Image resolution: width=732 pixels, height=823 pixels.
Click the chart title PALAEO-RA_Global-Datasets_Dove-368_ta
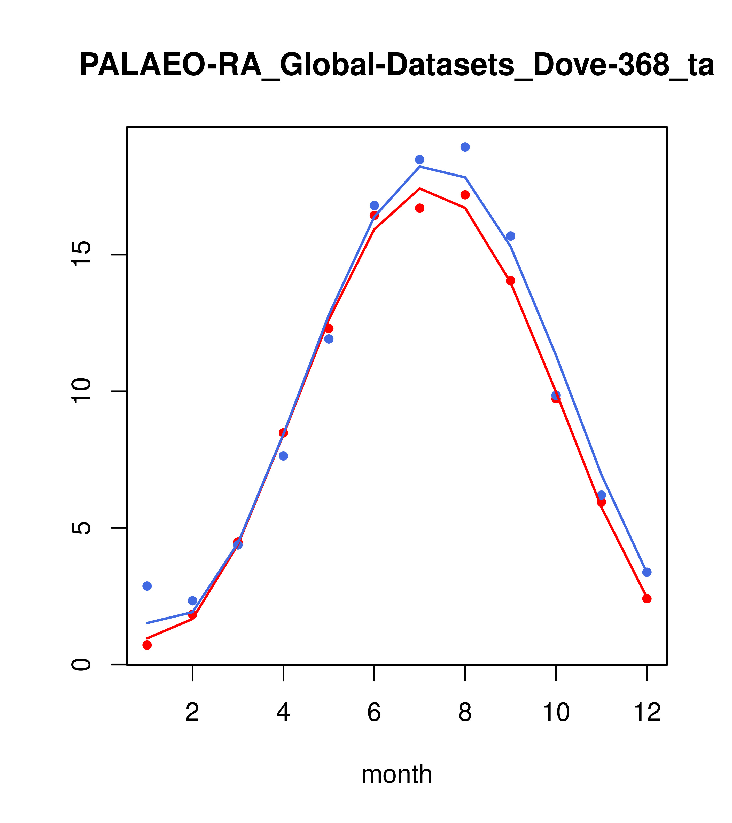tap(397, 65)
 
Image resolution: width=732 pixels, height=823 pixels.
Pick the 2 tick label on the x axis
tap(193, 713)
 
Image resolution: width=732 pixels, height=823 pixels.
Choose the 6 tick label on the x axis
tap(374, 713)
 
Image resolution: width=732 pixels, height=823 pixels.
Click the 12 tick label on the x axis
tap(647, 713)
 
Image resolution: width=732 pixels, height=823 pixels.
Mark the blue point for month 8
tap(465, 147)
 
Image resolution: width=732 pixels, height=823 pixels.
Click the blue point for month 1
tap(147, 586)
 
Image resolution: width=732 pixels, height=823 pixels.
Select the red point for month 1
tap(147, 645)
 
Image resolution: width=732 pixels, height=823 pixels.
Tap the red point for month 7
tap(420, 208)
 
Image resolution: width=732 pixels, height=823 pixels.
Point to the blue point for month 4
tap(283, 456)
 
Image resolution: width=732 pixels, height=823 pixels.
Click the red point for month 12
tap(647, 599)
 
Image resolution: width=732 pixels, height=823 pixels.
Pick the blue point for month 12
tap(647, 572)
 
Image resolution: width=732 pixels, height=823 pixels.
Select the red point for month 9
tap(510, 281)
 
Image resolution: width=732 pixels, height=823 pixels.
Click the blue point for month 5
tap(329, 339)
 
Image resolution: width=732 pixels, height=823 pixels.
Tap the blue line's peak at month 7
tap(420, 166)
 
